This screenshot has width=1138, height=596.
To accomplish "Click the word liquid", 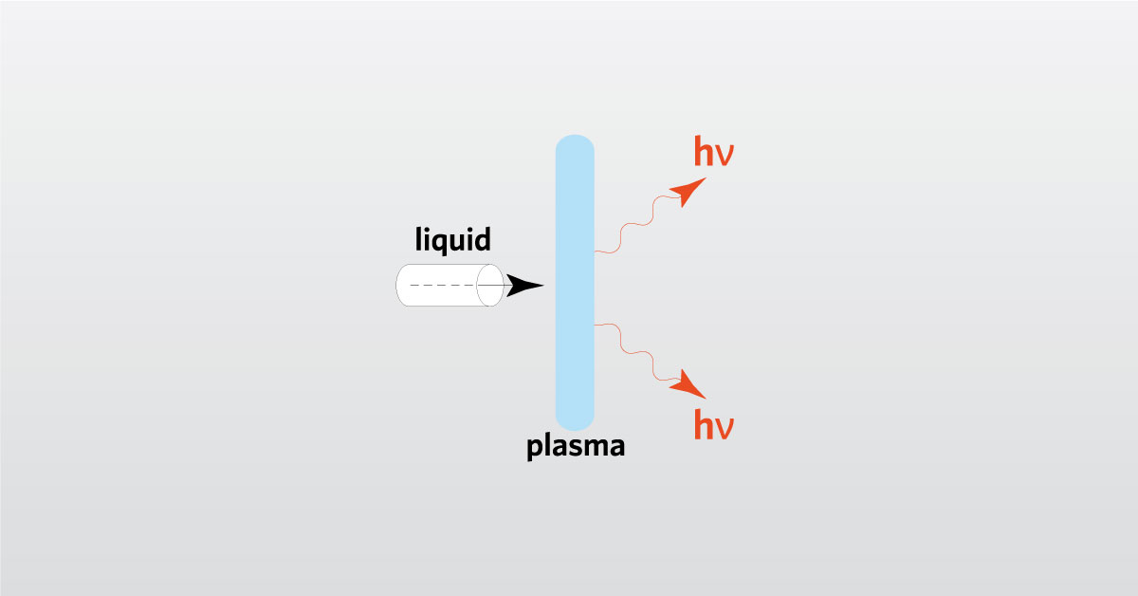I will (453, 239).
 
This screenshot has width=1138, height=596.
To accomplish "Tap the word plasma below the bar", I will (576, 445).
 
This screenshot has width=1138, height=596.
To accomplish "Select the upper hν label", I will (713, 151).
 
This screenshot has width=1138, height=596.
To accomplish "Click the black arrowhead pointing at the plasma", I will (523, 285).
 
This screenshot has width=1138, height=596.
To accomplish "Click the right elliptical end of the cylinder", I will (490, 285).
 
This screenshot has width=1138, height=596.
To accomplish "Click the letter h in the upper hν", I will (704, 151).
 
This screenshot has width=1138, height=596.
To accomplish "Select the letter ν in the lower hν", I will (725, 428).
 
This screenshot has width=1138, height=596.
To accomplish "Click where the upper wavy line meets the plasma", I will (595, 251).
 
